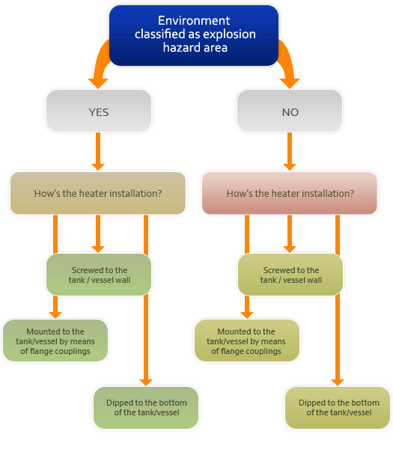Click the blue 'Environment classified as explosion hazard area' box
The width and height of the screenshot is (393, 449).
[194, 35]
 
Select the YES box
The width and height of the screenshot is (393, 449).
[99, 111]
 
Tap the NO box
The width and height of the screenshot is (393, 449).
[290, 111]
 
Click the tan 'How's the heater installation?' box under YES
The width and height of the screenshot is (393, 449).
[98, 193]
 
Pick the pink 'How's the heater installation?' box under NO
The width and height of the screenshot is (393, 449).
[290, 193]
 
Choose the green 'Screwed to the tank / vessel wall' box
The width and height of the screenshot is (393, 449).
[99, 275]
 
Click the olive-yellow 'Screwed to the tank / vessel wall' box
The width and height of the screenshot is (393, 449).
[290, 275]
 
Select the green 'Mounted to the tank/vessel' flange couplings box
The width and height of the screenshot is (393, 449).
[55, 340]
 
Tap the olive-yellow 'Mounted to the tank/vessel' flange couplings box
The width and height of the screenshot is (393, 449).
[247, 340]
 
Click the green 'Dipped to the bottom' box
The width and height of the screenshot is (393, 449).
[146, 408]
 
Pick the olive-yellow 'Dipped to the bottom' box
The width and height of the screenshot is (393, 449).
[338, 408]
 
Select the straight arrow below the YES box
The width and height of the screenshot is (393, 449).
[98, 151]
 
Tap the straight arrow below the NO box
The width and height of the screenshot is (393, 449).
[290, 151]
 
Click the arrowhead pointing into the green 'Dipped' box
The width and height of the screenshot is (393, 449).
[146, 382]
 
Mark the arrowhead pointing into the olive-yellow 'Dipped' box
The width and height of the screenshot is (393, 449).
[338, 382]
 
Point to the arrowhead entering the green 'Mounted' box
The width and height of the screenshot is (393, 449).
[55, 315]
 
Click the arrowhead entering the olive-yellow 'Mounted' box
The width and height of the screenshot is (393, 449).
[247, 315]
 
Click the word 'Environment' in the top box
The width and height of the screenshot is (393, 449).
[194, 21]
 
